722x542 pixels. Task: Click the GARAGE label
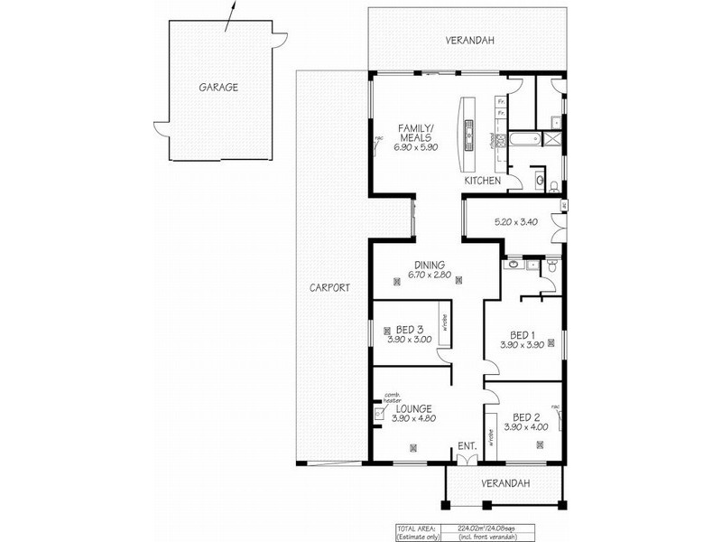pos(218,88)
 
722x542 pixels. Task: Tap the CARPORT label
pos(329,287)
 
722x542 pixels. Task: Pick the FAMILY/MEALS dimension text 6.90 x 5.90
pos(415,147)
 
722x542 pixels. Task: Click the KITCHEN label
pos(482,182)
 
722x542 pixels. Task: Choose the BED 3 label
pos(410,329)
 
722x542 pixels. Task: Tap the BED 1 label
pos(522,334)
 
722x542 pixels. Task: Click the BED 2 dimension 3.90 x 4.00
pos(525,427)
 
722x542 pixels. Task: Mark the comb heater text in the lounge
pos(392,398)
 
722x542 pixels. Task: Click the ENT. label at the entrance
pos(466,446)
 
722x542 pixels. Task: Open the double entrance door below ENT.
pos(466,460)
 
